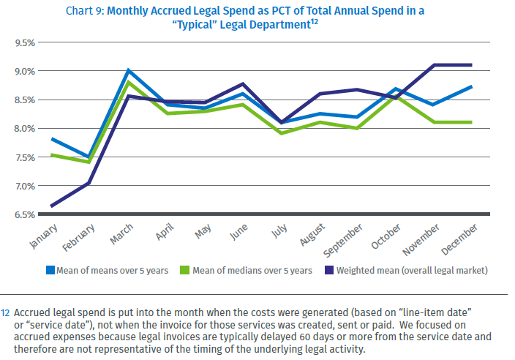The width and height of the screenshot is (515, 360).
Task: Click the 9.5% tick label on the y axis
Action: coord(25,43)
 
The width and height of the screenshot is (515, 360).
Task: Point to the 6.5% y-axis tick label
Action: coord(25,215)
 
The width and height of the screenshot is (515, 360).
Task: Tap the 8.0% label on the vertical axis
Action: coord(25,129)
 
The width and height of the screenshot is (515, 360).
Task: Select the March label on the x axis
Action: coord(121,234)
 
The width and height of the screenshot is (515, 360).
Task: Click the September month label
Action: coord(342,241)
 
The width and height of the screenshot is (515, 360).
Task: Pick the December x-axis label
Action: coord(459,239)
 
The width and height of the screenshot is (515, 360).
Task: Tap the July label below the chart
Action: coord(279,230)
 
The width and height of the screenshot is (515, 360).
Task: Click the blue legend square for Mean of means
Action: coord(50,270)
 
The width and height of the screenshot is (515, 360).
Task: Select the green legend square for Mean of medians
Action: coord(184,270)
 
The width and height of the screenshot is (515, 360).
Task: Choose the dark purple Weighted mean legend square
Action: coord(329,270)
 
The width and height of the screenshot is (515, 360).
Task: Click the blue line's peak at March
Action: coord(129,70)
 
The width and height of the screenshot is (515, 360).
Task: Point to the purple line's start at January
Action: coord(51,206)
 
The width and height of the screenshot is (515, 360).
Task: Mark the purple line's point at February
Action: coord(89,183)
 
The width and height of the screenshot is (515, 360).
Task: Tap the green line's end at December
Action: coord(471,122)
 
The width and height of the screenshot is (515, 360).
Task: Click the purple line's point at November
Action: coord(435,65)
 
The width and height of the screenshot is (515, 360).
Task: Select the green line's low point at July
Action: coord(282,133)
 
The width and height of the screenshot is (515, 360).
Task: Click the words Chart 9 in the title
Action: coord(84,11)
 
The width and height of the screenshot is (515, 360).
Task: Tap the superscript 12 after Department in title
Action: coord(315,22)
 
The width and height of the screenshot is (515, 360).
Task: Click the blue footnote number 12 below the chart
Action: coord(5,312)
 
